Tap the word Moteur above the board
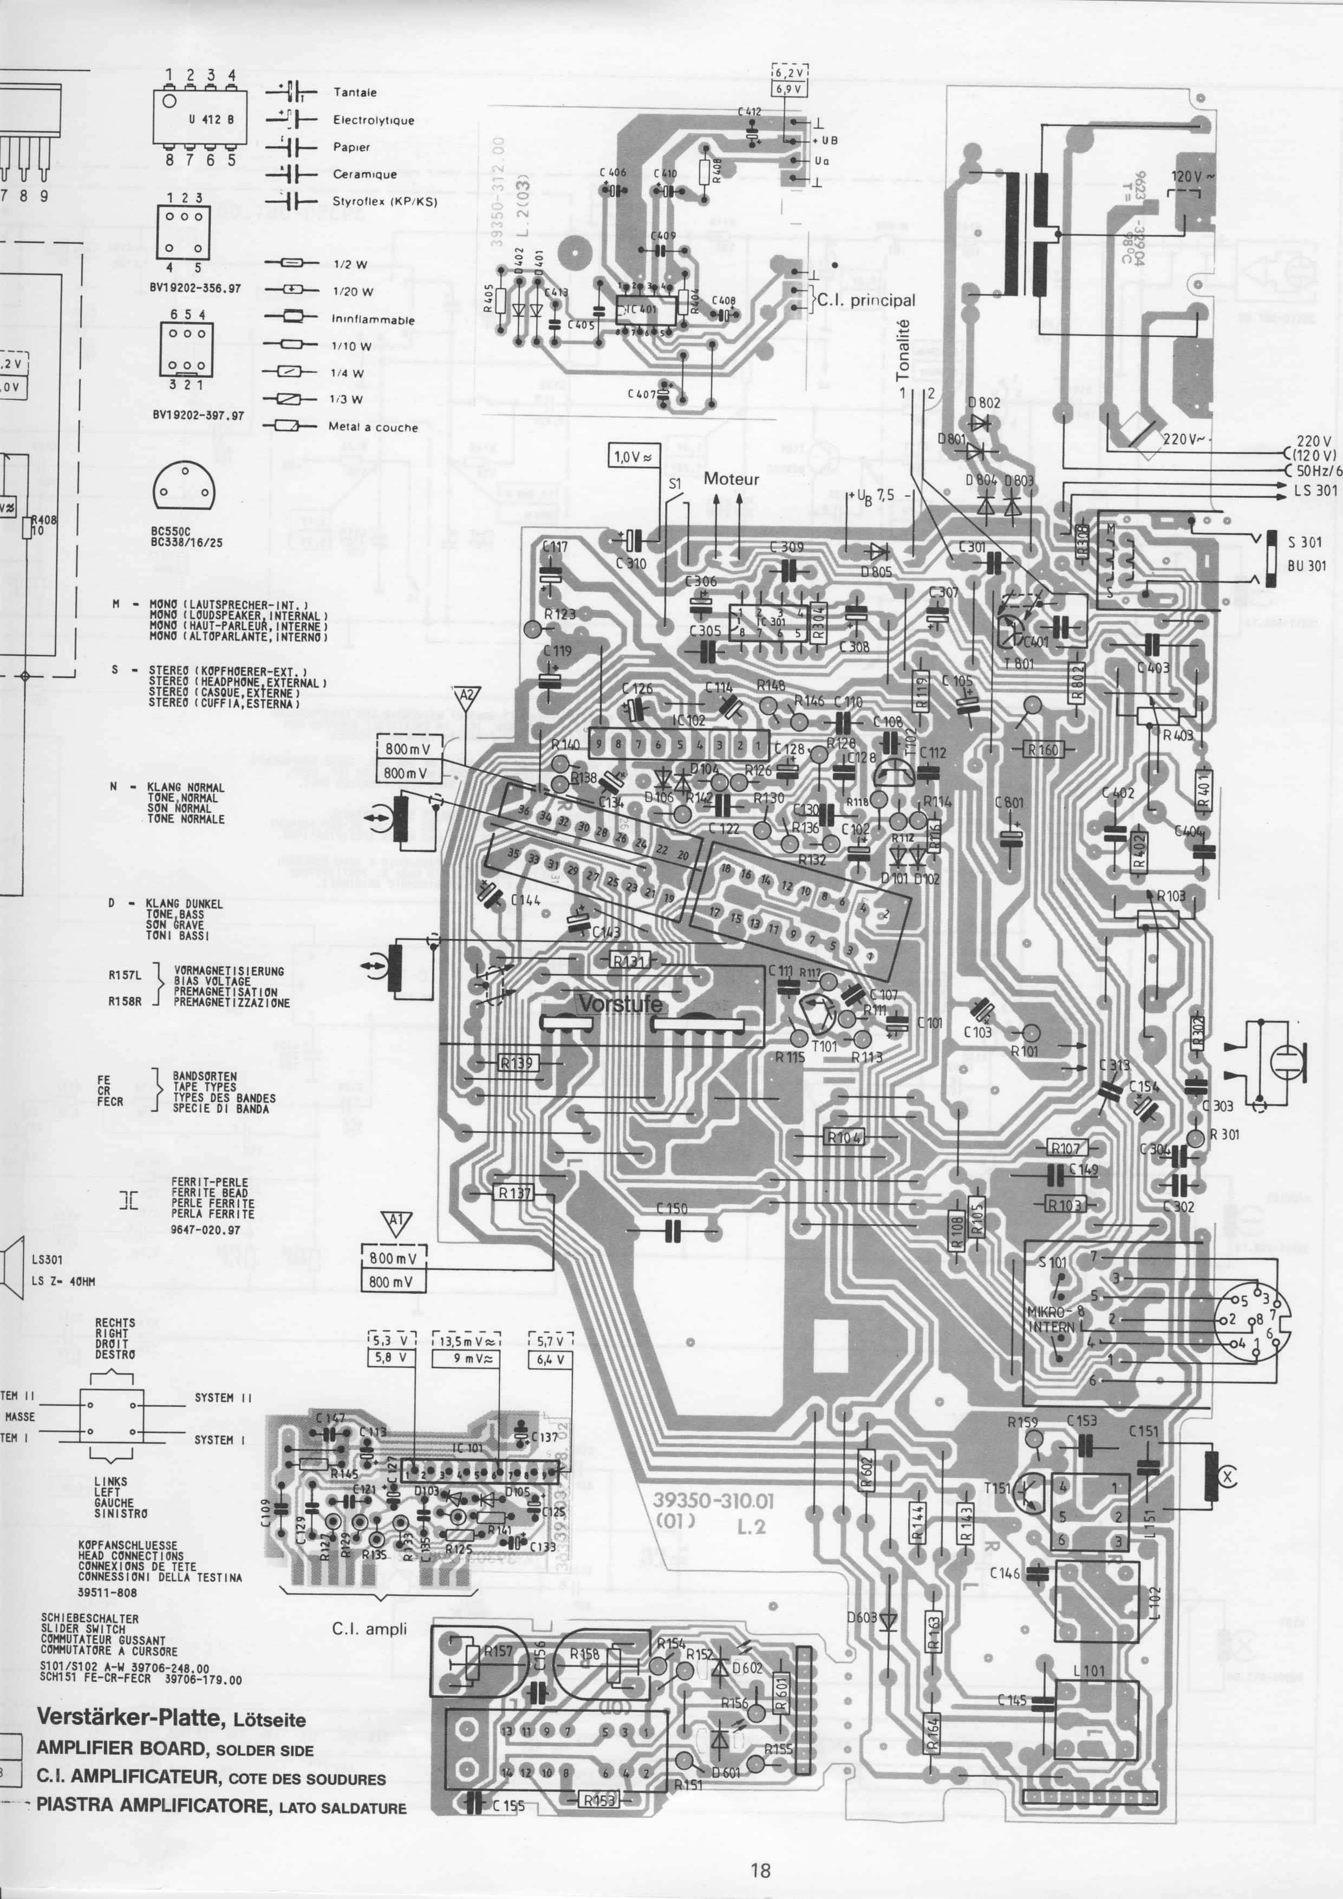click(731, 479)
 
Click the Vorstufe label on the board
click(620, 1004)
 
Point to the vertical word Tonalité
click(903, 351)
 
